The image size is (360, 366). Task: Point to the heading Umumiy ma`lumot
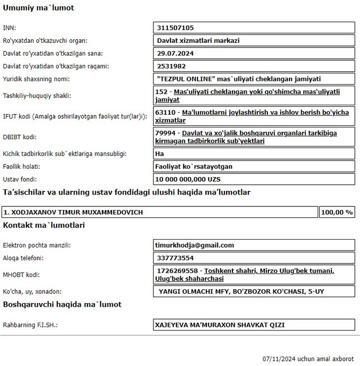click(39, 8)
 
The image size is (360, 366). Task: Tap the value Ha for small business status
click(160, 154)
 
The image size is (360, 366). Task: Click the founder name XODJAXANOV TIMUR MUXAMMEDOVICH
click(73, 212)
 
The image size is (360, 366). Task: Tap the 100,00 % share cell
click(337, 212)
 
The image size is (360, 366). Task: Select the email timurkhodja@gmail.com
click(194, 245)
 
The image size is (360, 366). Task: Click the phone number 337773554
click(175, 258)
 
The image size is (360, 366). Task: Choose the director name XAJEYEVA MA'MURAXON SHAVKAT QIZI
click(222, 324)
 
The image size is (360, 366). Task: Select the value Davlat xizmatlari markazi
click(199, 40)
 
